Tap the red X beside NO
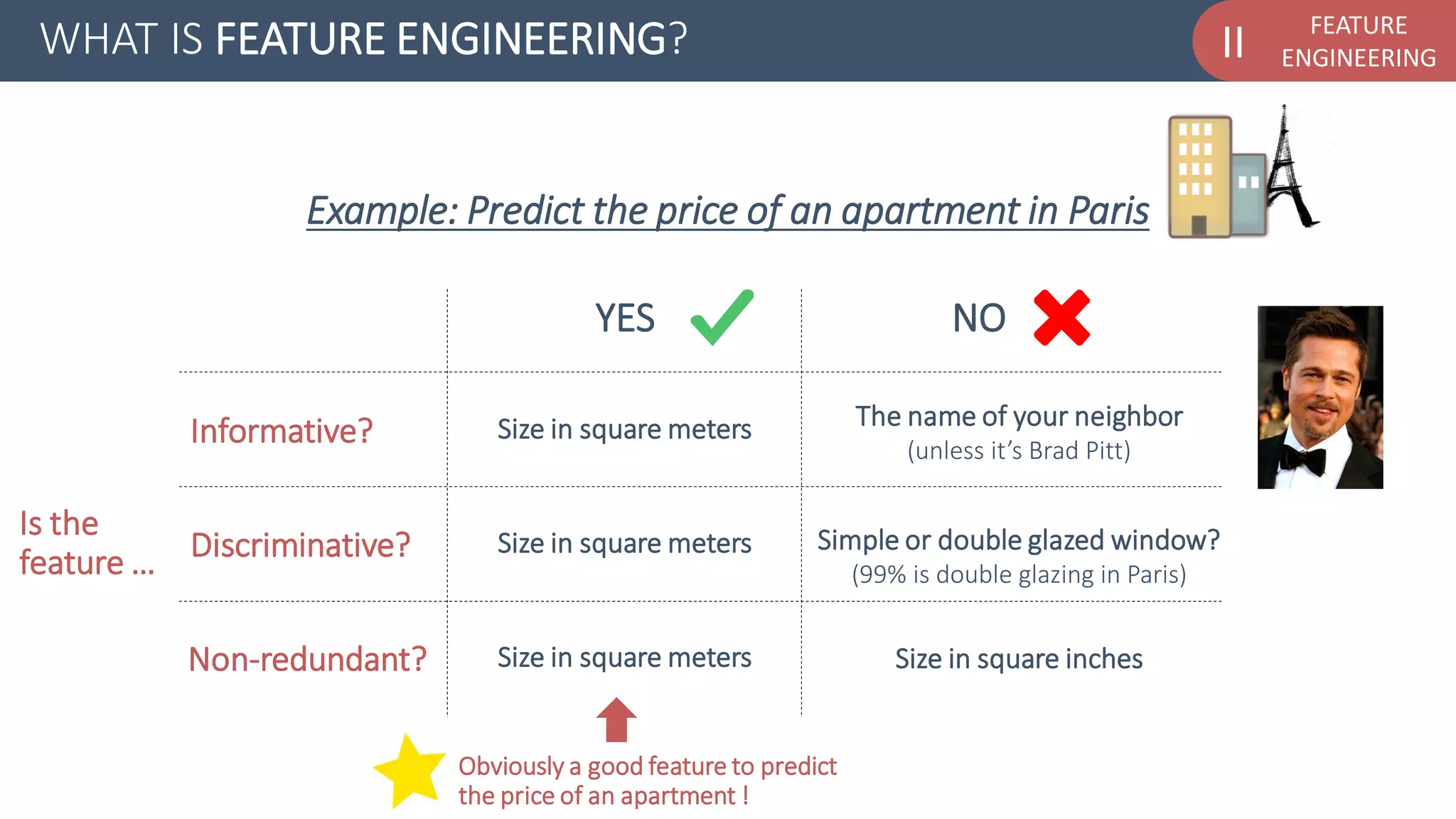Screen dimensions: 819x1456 [1061, 318]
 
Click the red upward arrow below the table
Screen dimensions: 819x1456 [616, 719]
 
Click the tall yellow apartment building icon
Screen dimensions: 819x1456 [1200, 176]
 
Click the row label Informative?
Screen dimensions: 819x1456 [282, 431]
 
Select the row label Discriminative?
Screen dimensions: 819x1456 [301, 545]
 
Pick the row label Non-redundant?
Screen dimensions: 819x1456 [307, 659]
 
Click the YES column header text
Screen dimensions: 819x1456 [625, 318]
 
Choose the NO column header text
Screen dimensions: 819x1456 [979, 318]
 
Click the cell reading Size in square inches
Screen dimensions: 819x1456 [1019, 659]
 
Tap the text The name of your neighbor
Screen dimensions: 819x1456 [1019, 416]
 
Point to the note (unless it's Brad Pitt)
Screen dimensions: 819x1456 [1019, 451]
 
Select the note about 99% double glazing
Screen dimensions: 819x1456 [1019, 574]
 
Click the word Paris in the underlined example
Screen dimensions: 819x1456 [1108, 210]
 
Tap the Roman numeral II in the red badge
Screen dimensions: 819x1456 [1233, 42]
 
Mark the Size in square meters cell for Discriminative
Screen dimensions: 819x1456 [624, 544]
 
